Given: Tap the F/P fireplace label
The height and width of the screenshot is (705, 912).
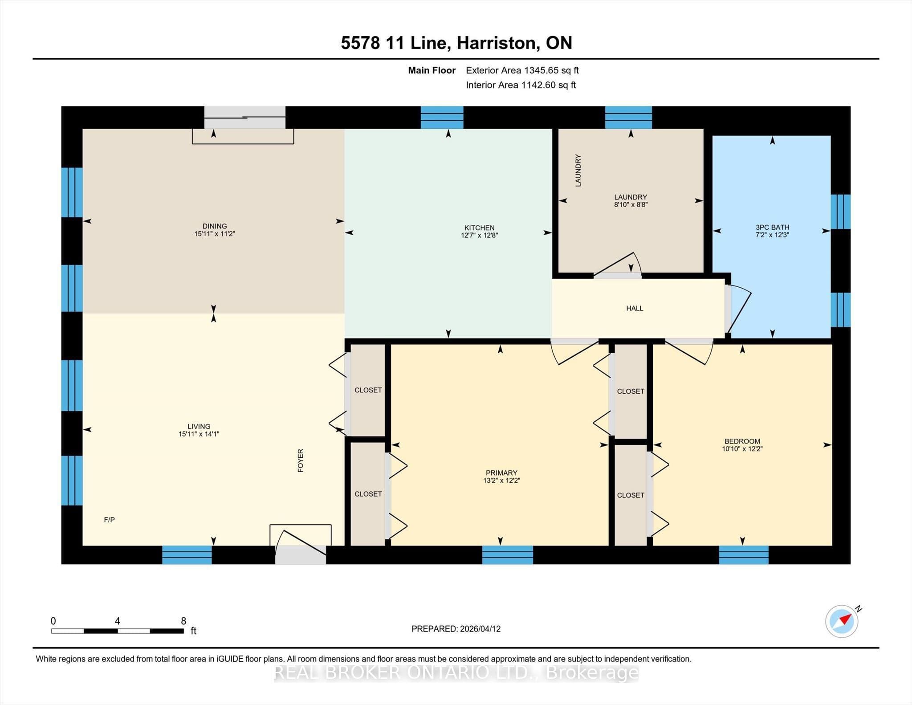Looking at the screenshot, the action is pos(109,520).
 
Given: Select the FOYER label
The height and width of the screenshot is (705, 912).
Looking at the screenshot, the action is pos(301,460).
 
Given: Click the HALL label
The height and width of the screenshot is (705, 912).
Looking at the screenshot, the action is pos(635,308).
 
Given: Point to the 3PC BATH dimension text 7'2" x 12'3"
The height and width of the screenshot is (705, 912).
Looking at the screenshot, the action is pos(772,235).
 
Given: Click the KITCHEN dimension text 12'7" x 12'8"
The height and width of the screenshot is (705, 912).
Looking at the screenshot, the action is pos(479,235).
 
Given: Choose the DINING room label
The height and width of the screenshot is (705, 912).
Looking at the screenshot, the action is pos(215,226).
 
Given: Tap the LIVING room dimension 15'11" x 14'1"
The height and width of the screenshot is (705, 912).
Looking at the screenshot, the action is pos(199,434).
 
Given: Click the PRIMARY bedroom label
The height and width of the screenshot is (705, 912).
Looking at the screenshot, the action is pos(501,473).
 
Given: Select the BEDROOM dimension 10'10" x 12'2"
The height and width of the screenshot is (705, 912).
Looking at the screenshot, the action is pos(742,449).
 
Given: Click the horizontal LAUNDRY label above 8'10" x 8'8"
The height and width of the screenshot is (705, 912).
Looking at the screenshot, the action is pos(631,197).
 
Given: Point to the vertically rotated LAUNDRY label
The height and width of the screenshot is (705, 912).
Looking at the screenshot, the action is pos(578,170).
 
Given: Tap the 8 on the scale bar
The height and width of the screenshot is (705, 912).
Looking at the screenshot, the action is pos(183,621).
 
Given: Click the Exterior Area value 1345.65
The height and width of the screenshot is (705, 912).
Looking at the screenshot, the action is pos(540,70).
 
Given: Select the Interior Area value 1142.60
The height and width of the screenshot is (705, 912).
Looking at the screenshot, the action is pos(537,85).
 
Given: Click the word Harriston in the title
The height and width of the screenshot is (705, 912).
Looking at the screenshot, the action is pos(496,43).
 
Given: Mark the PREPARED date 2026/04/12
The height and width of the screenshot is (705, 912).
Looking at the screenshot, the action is pos(480,629).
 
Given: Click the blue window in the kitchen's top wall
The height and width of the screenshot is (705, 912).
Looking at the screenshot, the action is pos(442,118).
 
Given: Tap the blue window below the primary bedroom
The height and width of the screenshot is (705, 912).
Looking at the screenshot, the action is pos(508,555).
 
